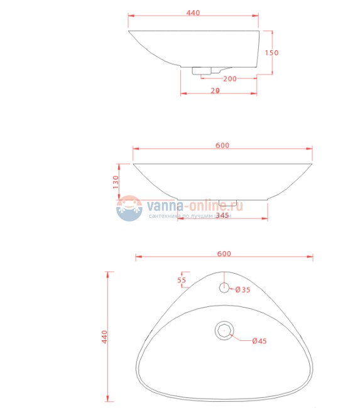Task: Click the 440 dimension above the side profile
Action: (x=194, y=13)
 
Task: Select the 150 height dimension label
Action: (x=271, y=53)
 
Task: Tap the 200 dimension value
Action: (x=229, y=78)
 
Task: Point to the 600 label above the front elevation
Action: (x=222, y=146)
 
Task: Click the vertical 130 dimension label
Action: (x=116, y=182)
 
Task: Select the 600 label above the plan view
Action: (x=224, y=254)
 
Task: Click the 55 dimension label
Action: (x=182, y=280)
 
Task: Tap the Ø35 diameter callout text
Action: (x=243, y=290)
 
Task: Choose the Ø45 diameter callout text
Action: (x=259, y=341)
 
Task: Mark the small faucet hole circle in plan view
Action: (x=224, y=287)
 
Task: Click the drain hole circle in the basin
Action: (x=224, y=330)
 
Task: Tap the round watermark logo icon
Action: (x=129, y=208)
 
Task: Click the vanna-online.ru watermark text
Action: (x=194, y=205)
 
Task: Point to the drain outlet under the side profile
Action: (x=202, y=72)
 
